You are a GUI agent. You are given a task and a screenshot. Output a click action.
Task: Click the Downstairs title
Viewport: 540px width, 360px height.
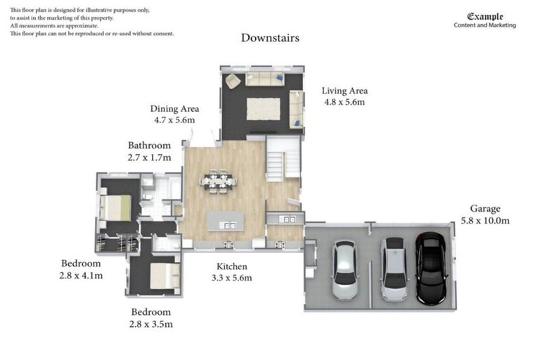click(x=270, y=38)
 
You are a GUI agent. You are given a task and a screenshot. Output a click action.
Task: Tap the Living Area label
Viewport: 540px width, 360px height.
click(x=345, y=91)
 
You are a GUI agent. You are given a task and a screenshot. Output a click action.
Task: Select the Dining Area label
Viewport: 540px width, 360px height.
click(x=174, y=109)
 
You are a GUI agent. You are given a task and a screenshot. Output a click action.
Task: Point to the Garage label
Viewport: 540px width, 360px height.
click(x=485, y=209)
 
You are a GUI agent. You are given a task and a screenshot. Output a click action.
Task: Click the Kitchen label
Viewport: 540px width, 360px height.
click(x=231, y=266)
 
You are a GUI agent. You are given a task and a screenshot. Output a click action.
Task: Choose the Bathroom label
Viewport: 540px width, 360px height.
click(x=149, y=146)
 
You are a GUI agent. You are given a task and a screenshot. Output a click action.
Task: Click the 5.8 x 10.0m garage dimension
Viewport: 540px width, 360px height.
click(x=485, y=221)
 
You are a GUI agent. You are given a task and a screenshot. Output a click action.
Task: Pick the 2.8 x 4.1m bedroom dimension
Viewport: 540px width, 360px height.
click(x=82, y=276)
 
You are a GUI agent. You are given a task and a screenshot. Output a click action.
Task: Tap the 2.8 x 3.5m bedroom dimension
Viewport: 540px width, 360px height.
click(x=151, y=324)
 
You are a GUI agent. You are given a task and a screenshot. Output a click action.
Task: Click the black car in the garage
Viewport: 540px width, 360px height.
click(x=430, y=268)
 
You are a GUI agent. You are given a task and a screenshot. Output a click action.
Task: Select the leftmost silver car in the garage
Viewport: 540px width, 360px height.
click(x=345, y=271)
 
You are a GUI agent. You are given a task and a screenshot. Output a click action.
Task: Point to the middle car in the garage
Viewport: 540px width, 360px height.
click(x=394, y=269)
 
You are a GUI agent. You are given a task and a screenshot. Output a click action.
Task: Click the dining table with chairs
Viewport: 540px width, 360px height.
click(x=218, y=181)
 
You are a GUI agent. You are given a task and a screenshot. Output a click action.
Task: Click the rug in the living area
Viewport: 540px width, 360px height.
click(x=263, y=109)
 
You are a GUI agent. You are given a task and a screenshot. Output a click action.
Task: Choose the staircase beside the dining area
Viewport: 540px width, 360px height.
click(x=283, y=159)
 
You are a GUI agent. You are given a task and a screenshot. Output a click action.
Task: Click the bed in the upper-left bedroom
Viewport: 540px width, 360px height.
click(x=117, y=207)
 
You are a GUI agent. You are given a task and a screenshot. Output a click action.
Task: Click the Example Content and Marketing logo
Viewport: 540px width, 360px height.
click(x=484, y=20)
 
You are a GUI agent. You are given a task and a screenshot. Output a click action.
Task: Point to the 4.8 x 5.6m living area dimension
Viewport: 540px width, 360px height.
click(x=345, y=102)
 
